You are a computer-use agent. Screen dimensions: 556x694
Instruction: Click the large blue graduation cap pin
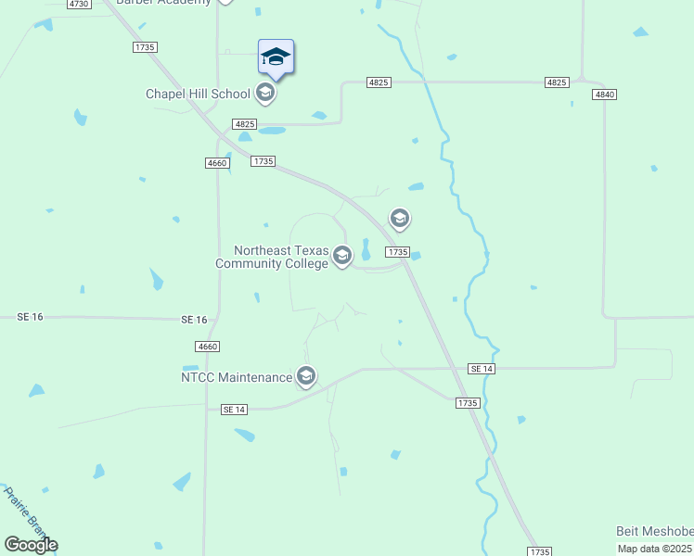(x=276, y=57)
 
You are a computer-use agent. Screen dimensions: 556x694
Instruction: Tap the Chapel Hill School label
(x=198, y=94)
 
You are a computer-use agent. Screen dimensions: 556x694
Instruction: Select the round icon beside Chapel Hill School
(x=264, y=92)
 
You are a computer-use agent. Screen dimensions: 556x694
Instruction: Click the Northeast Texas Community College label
(x=272, y=257)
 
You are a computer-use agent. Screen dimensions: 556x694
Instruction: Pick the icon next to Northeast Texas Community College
(x=342, y=256)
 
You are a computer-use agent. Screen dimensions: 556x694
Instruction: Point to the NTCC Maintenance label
(x=237, y=376)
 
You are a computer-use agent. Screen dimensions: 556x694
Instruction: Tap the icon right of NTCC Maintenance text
(x=306, y=376)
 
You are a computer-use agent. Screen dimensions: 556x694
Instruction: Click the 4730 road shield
(x=79, y=5)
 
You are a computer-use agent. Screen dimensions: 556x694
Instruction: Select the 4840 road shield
(x=605, y=95)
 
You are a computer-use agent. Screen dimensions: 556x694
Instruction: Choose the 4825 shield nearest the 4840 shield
(x=557, y=82)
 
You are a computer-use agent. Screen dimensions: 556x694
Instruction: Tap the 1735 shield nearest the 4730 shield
(x=145, y=46)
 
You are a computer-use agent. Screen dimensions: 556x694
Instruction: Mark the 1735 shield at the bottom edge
(x=539, y=551)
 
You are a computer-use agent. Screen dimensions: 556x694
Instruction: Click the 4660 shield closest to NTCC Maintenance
(x=208, y=347)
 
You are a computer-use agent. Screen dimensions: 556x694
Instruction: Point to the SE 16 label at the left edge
(x=31, y=317)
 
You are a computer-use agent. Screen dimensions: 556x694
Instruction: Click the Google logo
(x=32, y=544)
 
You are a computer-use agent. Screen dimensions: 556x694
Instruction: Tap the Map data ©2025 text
(x=655, y=549)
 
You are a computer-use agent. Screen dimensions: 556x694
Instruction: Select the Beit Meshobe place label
(x=654, y=531)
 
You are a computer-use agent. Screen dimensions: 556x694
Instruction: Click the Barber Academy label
(x=163, y=3)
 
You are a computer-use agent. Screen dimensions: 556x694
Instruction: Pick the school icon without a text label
(x=400, y=219)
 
